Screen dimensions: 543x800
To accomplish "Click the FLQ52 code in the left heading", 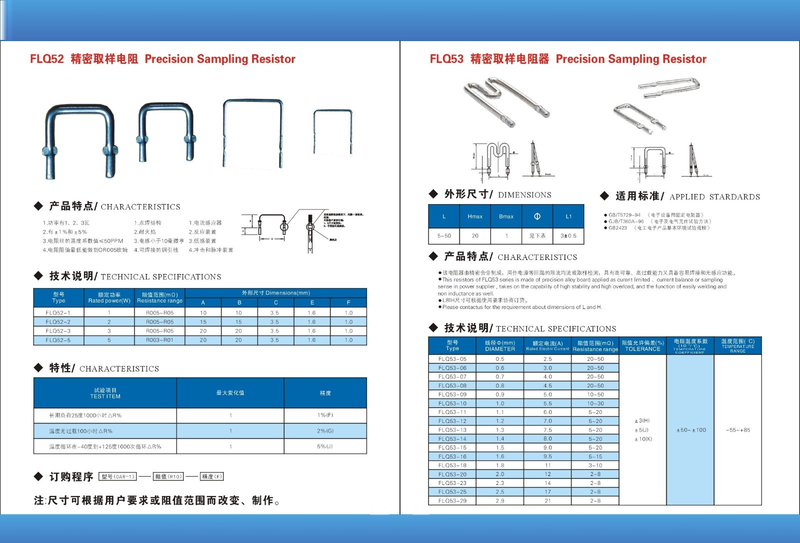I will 47,59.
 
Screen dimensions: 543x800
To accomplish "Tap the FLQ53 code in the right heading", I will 446,59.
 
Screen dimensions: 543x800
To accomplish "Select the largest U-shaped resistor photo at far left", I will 79,140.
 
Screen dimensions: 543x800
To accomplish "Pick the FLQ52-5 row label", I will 58,340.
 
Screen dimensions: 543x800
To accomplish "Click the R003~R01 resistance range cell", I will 159,340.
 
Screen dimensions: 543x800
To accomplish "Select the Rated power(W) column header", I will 109,297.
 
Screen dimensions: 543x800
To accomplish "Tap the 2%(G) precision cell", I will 325,430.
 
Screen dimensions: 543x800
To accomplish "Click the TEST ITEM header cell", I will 105,393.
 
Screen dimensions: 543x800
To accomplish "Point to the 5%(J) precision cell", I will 325,446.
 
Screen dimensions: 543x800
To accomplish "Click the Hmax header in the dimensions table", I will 475,216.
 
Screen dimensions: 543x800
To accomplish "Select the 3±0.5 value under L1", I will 568,235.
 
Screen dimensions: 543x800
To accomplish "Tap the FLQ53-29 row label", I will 452,500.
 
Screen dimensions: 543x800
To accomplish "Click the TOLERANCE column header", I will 642,346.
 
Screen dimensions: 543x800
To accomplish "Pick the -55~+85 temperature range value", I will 737,430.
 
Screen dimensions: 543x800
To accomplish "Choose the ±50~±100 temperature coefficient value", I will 690,430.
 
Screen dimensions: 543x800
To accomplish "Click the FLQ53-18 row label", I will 452,465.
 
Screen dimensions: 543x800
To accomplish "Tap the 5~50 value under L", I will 444,235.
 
